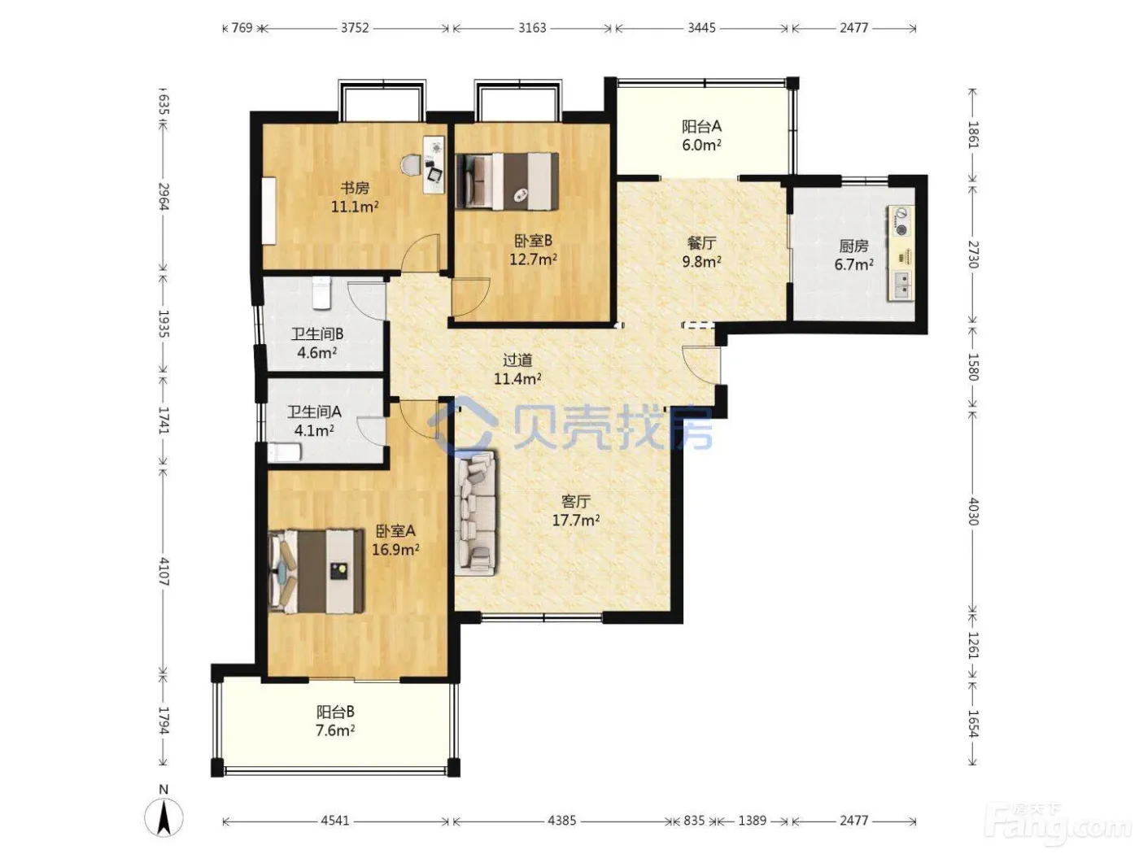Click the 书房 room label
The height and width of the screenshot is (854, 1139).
point(355,187)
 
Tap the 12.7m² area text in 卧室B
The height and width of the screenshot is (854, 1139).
point(533,259)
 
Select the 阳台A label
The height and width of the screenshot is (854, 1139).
point(701,127)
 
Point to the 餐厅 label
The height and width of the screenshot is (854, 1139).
point(701,242)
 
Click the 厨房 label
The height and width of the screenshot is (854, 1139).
point(853,246)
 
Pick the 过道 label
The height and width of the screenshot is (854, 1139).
point(517,359)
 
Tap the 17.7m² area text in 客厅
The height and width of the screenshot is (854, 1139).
point(575,520)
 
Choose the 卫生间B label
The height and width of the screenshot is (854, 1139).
point(316,334)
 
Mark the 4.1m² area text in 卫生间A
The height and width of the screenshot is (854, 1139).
point(313,430)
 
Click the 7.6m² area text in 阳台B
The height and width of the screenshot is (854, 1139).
point(335,730)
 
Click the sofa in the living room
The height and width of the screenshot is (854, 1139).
point(475,513)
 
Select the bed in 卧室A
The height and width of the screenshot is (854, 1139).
point(316,571)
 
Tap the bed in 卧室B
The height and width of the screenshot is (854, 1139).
point(507,181)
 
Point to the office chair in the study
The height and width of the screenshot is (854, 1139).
point(412,165)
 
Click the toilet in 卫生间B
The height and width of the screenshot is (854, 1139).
point(321,293)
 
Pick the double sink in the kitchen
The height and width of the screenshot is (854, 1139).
point(901,286)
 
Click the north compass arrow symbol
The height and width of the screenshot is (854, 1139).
point(164,816)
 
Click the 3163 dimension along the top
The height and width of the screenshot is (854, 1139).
point(532,28)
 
